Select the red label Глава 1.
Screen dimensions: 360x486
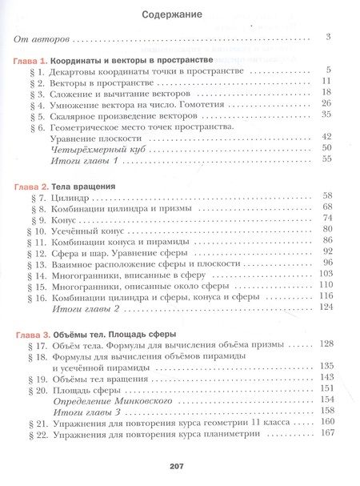tap(33, 61)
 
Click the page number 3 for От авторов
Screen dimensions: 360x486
tap(329, 37)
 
